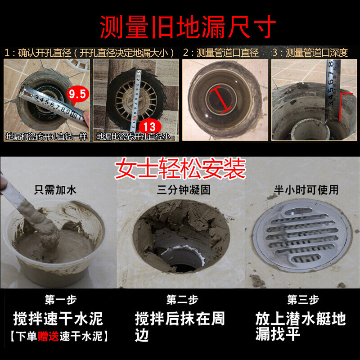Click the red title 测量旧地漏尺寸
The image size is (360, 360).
(188, 27)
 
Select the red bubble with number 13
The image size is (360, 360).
(149, 127)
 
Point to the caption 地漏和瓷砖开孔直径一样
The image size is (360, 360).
(46, 137)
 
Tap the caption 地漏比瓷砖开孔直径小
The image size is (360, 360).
(133, 137)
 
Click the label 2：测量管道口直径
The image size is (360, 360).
(220, 53)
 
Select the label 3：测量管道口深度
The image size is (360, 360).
(310, 53)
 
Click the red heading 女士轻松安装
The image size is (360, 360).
(180, 168)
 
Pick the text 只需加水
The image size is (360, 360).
(55, 190)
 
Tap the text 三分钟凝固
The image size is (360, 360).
(184, 190)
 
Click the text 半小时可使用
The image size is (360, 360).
(306, 190)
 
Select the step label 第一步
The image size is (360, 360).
(60, 300)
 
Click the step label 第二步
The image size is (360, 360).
(182, 300)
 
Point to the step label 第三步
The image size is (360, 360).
(303, 300)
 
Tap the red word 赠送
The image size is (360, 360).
(48, 336)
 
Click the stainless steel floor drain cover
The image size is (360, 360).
(302, 235)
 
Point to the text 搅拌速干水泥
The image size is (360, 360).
(58, 319)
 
